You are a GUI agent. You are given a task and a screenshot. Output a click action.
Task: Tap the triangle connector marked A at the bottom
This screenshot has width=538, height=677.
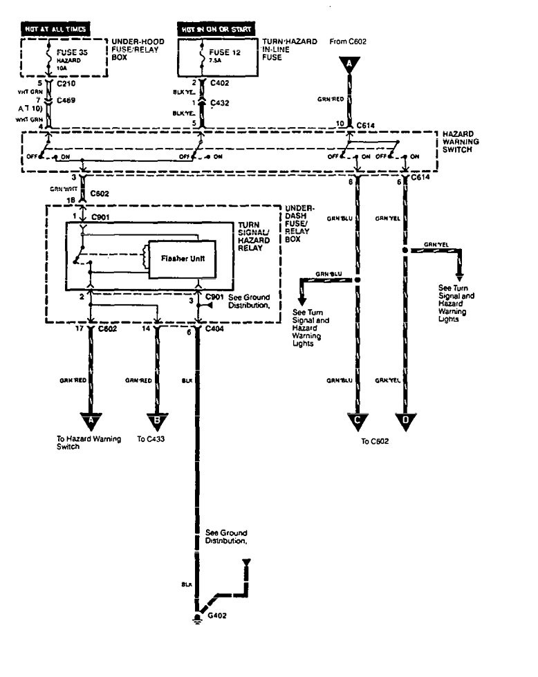pos(91,420)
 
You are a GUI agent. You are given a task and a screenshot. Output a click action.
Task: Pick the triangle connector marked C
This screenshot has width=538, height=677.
pos(357,420)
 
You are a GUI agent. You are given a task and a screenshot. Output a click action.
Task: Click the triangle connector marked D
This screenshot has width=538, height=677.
pos(405,420)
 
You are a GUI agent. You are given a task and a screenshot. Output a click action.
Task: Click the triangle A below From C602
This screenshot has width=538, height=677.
pos(349,64)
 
